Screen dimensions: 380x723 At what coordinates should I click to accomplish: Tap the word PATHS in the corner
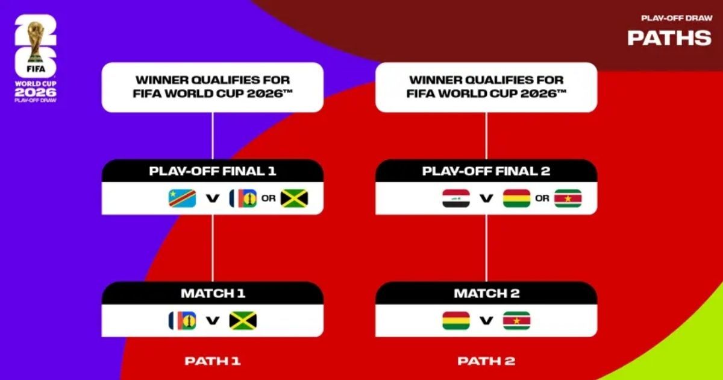pyautogui.click(x=669, y=37)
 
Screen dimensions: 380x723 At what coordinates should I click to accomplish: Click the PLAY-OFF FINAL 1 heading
pyautogui.click(x=212, y=171)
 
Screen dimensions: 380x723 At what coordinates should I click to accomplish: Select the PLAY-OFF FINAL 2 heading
pyautogui.click(x=486, y=171)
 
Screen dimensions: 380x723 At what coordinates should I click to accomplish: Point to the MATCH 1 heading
pyautogui.click(x=212, y=294)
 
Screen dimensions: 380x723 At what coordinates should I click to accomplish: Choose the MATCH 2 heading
pyautogui.click(x=486, y=294)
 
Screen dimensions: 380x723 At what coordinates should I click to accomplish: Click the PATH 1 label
pyautogui.click(x=212, y=361)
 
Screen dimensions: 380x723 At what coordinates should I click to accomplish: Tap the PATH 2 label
pyautogui.click(x=486, y=361)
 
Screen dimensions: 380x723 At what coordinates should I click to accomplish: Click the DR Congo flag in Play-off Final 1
pyautogui.click(x=182, y=198)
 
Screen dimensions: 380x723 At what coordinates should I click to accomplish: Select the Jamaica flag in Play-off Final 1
pyautogui.click(x=294, y=198)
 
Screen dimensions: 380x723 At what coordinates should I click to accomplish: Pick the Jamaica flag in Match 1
pyautogui.click(x=243, y=320)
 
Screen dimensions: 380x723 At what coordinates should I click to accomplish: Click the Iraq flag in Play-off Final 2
pyautogui.click(x=456, y=198)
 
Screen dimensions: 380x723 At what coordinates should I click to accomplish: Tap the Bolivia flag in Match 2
pyautogui.click(x=456, y=320)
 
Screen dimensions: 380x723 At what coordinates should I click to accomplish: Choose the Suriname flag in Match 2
pyautogui.click(x=516, y=320)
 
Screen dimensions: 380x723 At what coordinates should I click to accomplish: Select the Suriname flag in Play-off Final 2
pyautogui.click(x=568, y=198)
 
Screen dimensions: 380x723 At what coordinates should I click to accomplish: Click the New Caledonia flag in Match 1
pyautogui.click(x=182, y=320)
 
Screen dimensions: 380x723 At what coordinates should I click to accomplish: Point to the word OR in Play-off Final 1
pyautogui.click(x=269, y=198)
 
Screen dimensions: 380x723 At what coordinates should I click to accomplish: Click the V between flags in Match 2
pyautogui.click(x=486, y=321)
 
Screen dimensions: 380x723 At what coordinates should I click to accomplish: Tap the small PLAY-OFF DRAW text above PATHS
pyautogui.click(x=677, y=18)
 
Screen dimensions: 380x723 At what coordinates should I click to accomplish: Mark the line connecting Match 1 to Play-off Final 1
pyautogui.click(x=212, y=247)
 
